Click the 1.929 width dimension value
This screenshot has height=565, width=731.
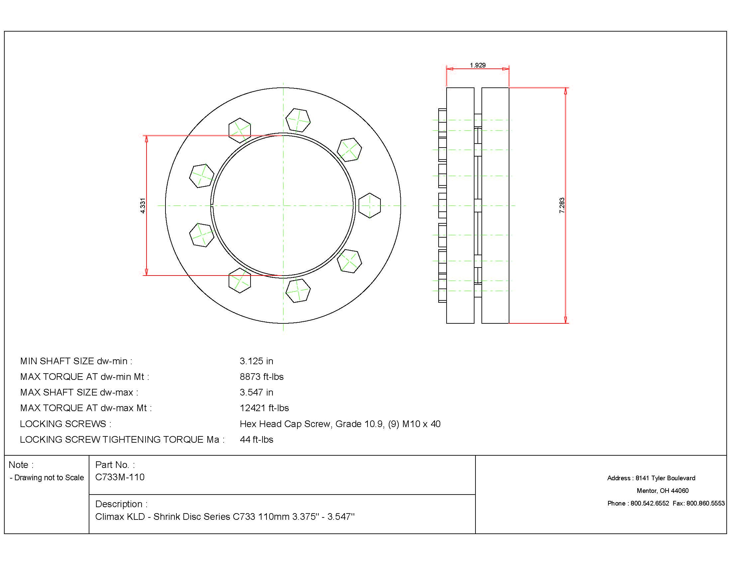click(x=477, y=65)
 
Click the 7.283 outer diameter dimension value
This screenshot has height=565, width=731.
click(x=562, y=205)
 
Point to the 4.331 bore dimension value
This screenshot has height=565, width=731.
click(x=143, y=205)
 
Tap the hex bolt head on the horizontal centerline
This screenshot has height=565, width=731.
click(x=369, y=205)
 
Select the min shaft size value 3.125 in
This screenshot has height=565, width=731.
click(x=257, y=361)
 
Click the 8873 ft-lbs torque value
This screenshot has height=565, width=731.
click(x=261, y=377)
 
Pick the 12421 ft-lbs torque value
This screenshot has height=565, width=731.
click(x=264, y=408)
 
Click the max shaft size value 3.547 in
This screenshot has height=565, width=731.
click(x=257, y=392)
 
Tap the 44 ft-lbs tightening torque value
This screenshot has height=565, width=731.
click(x=257, y=439)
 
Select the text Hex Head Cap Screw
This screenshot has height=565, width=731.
click(x=285, y=424)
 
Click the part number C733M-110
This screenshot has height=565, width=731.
click(x=120, y=477)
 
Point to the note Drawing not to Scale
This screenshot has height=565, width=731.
click(x=49, y=478)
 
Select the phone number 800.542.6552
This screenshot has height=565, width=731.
click(x=650, y=504)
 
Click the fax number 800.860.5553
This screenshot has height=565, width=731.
click(x=705, y=504)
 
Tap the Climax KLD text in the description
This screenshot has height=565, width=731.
click(x=120, y=517)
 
